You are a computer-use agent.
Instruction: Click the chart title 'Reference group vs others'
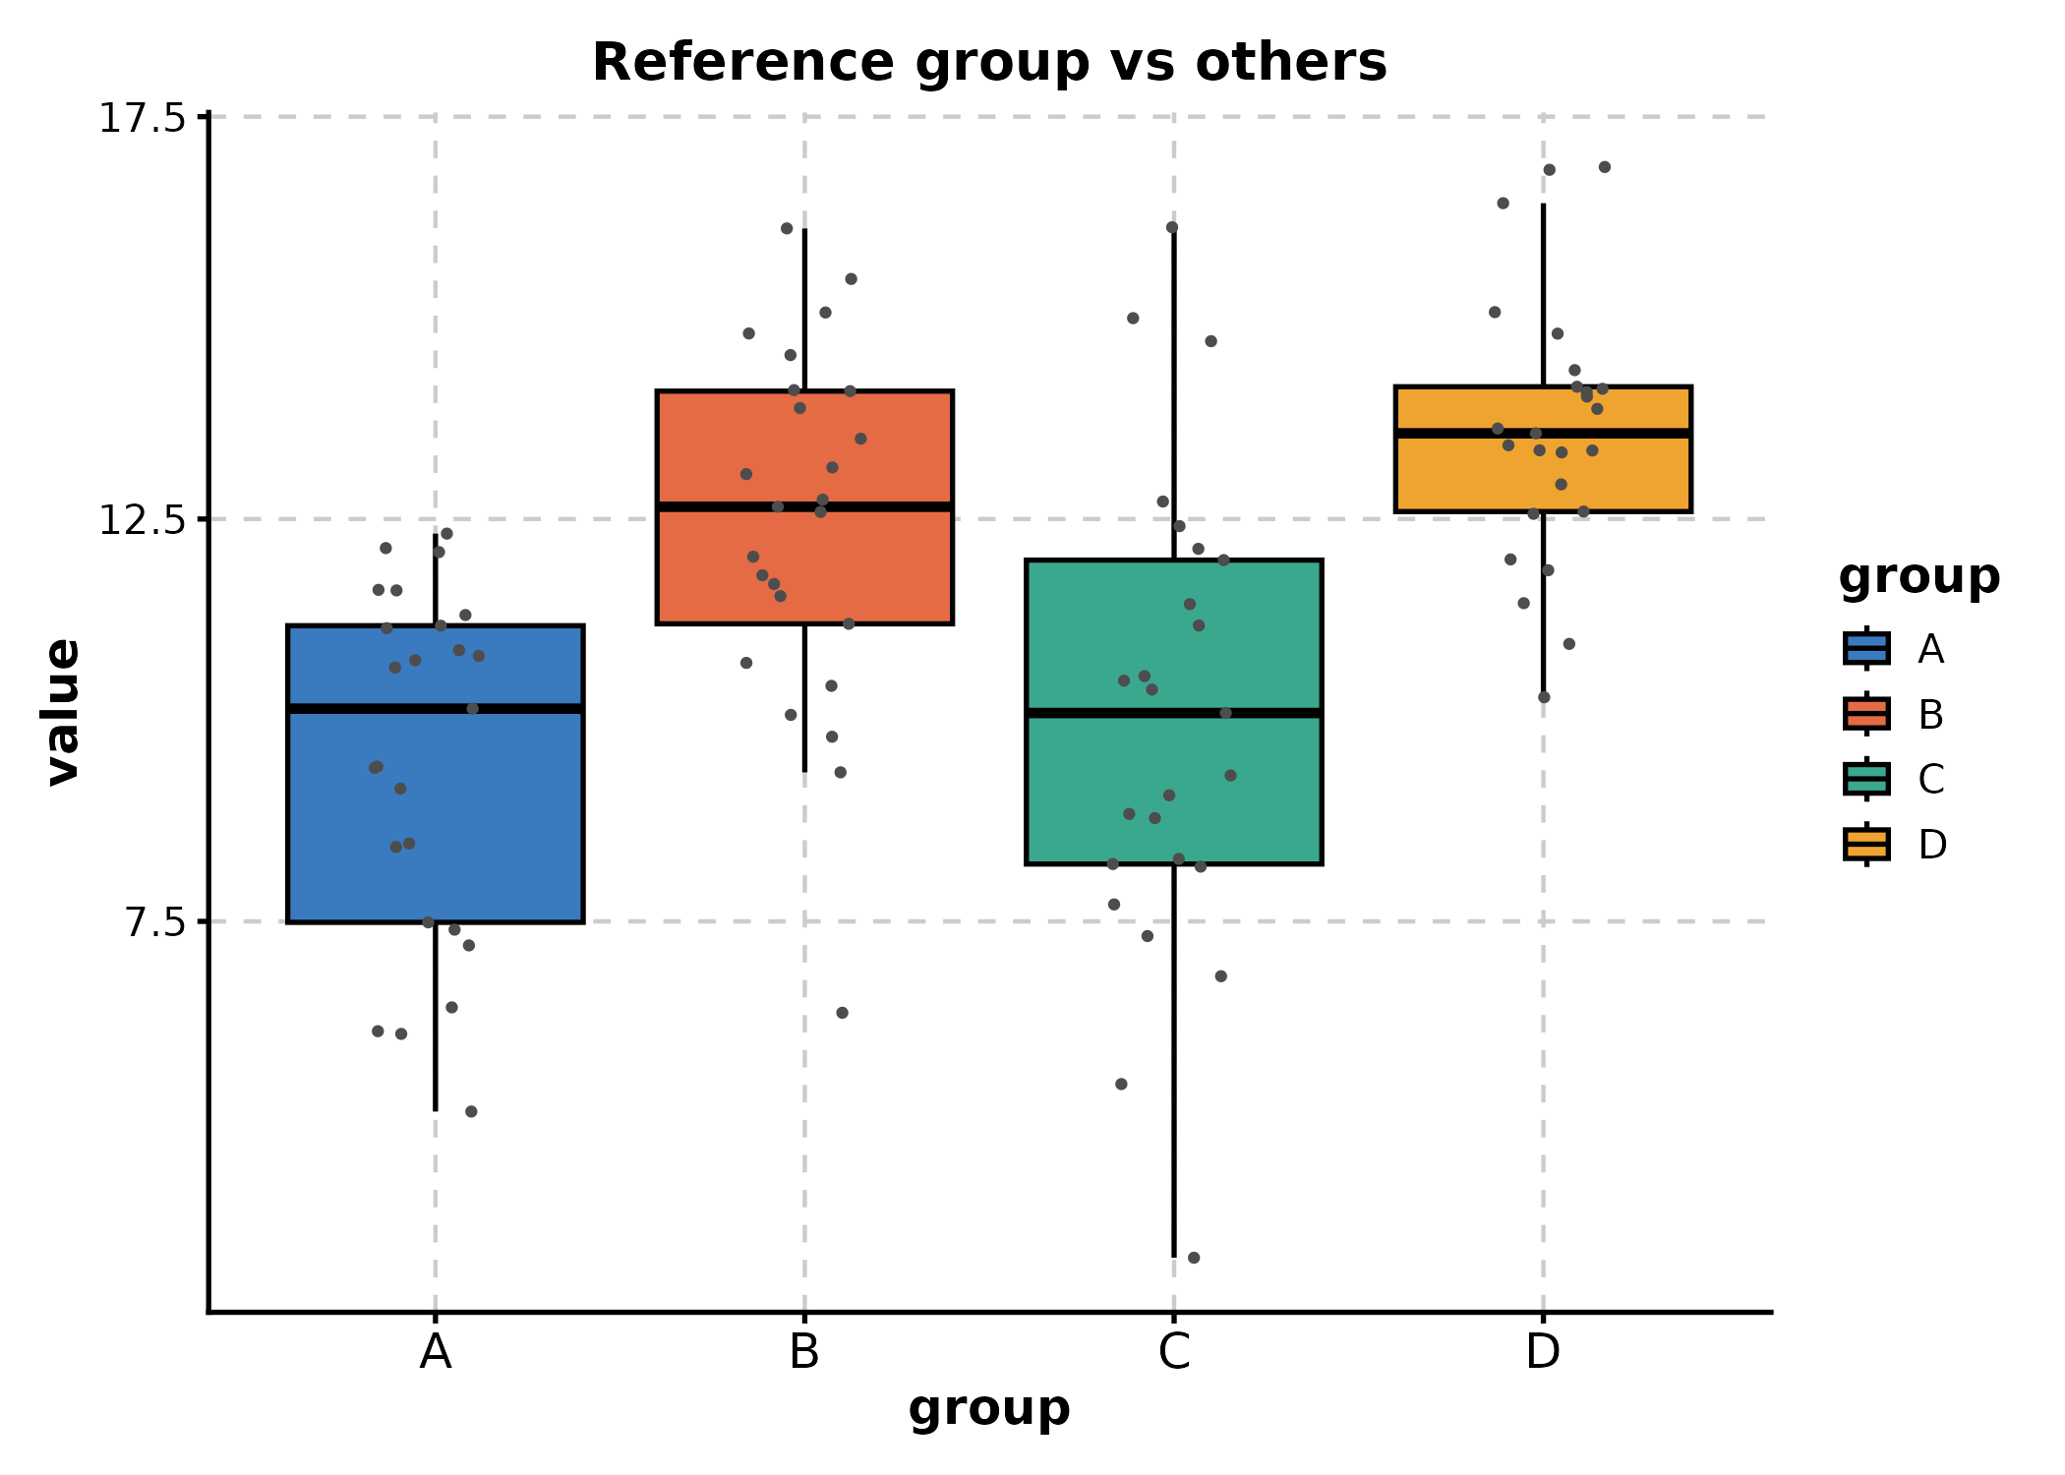(988, 63)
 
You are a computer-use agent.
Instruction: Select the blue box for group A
(435, 816)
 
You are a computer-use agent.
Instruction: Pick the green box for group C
(1173, 787)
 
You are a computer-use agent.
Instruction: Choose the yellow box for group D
(1542, 472)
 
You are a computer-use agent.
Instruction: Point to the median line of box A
(435, 708)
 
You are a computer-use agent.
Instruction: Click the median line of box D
(1542, 433)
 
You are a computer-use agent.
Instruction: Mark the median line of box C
(1173, 712)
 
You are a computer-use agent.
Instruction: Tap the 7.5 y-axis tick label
(155, 922)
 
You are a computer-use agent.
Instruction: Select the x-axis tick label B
(804, 1353)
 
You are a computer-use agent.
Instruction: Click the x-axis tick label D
(1542, 1353)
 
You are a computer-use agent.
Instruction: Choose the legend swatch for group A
(1865, 649)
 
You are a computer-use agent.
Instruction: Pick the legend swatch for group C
(1865, 779)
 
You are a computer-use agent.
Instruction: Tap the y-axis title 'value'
(63, 712)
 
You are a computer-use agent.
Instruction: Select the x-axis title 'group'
(988, 1408)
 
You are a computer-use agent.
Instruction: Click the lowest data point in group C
(1194, 1258)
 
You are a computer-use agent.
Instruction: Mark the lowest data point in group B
(842, 1013)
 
